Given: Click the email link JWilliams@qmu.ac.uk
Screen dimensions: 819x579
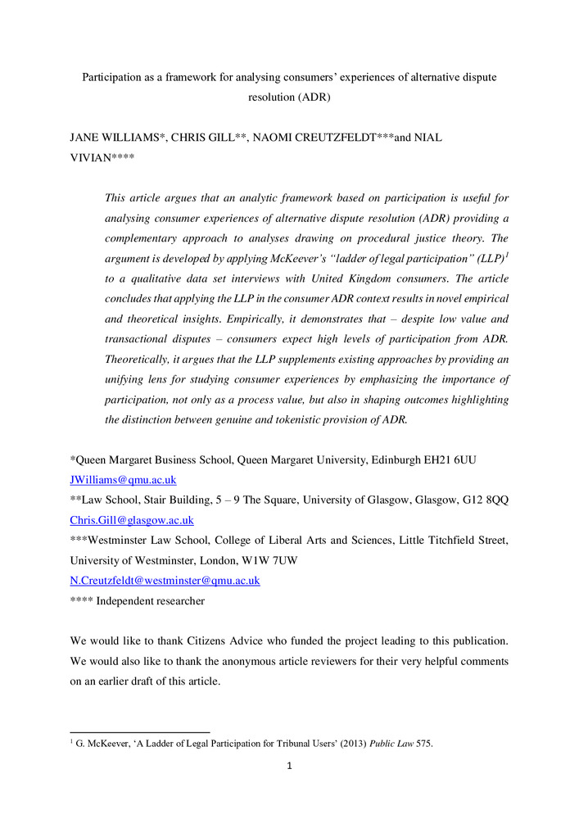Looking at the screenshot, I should click(123, 479).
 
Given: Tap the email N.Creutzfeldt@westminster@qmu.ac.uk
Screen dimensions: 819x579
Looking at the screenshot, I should click(165, 581).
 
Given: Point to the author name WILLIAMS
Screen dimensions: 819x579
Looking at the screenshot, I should click(132, 138).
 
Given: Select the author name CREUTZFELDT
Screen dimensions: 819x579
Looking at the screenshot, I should click(305, 138).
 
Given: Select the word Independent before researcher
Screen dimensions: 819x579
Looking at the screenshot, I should click(132, 601).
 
